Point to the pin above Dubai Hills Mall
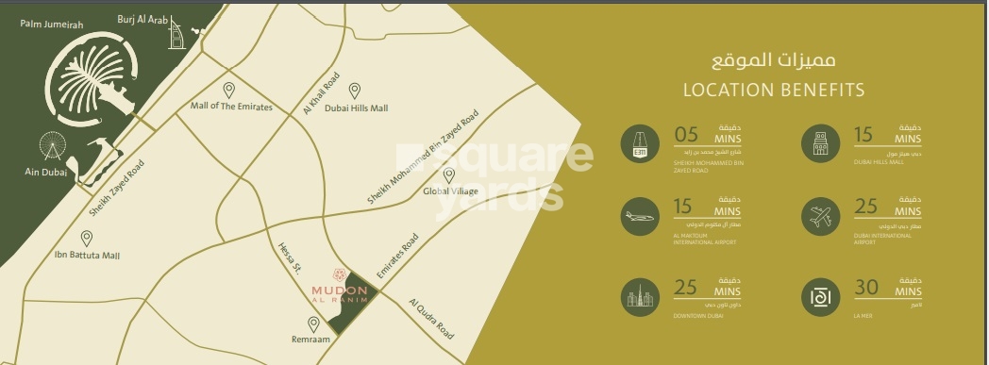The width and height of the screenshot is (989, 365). [355, 91]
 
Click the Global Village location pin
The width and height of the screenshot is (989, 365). [449, 175]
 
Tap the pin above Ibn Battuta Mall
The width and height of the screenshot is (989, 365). [87, 238]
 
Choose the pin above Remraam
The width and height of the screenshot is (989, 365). [313, 324]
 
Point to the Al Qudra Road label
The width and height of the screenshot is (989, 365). [431, 319]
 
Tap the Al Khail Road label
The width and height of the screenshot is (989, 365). [320, 93]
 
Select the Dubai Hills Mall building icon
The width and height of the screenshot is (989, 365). [818, 143]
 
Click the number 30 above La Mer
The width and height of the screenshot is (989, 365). [866, 288]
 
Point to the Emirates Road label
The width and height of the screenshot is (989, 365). [397, 256]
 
